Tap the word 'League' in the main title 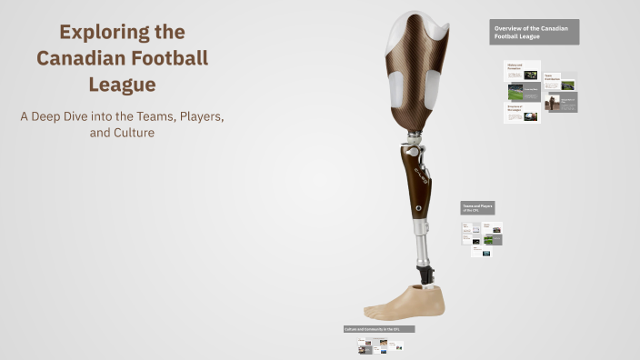pyautogui.click(x=122, y=85)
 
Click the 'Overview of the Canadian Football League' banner pyautogui.click(x=534, y=32)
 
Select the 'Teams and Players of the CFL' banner pyautogui.click(x=476, y=207)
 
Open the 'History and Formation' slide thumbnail pyautogui.click(x=522, y=71)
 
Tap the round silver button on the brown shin pyautogui.click(x=419, y=207)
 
